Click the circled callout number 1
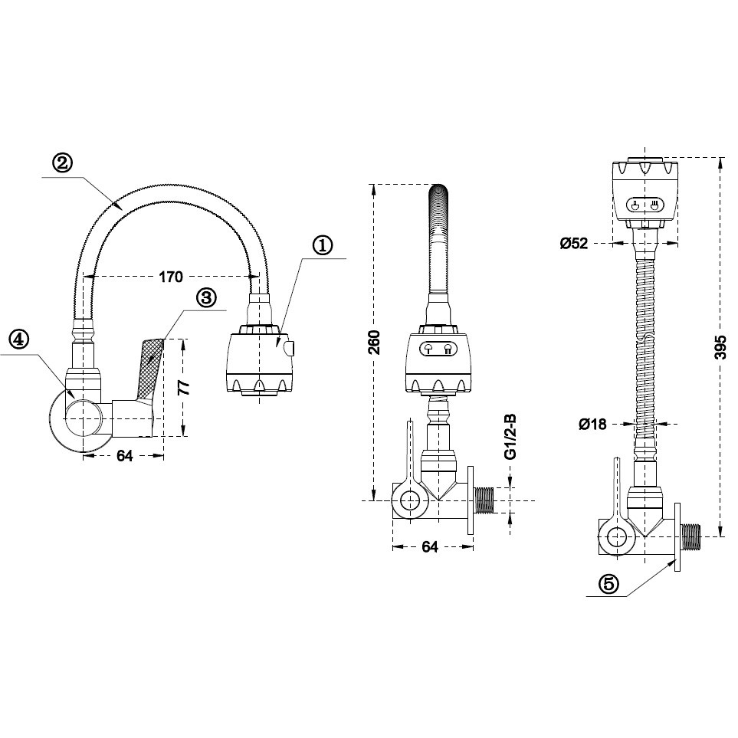click(323, 245)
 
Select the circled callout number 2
click(62, 162)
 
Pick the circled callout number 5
click(607, 584)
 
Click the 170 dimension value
click(171, 276)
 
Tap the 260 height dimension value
click(373, 343)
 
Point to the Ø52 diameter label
click(573, 244)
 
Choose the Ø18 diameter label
click(592, 423)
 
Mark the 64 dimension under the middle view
click(430, 546)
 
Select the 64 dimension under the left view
click(124, 456)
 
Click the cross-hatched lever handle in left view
click(153, 366)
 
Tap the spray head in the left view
click(260, 360)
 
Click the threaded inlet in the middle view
click(484, 501)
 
